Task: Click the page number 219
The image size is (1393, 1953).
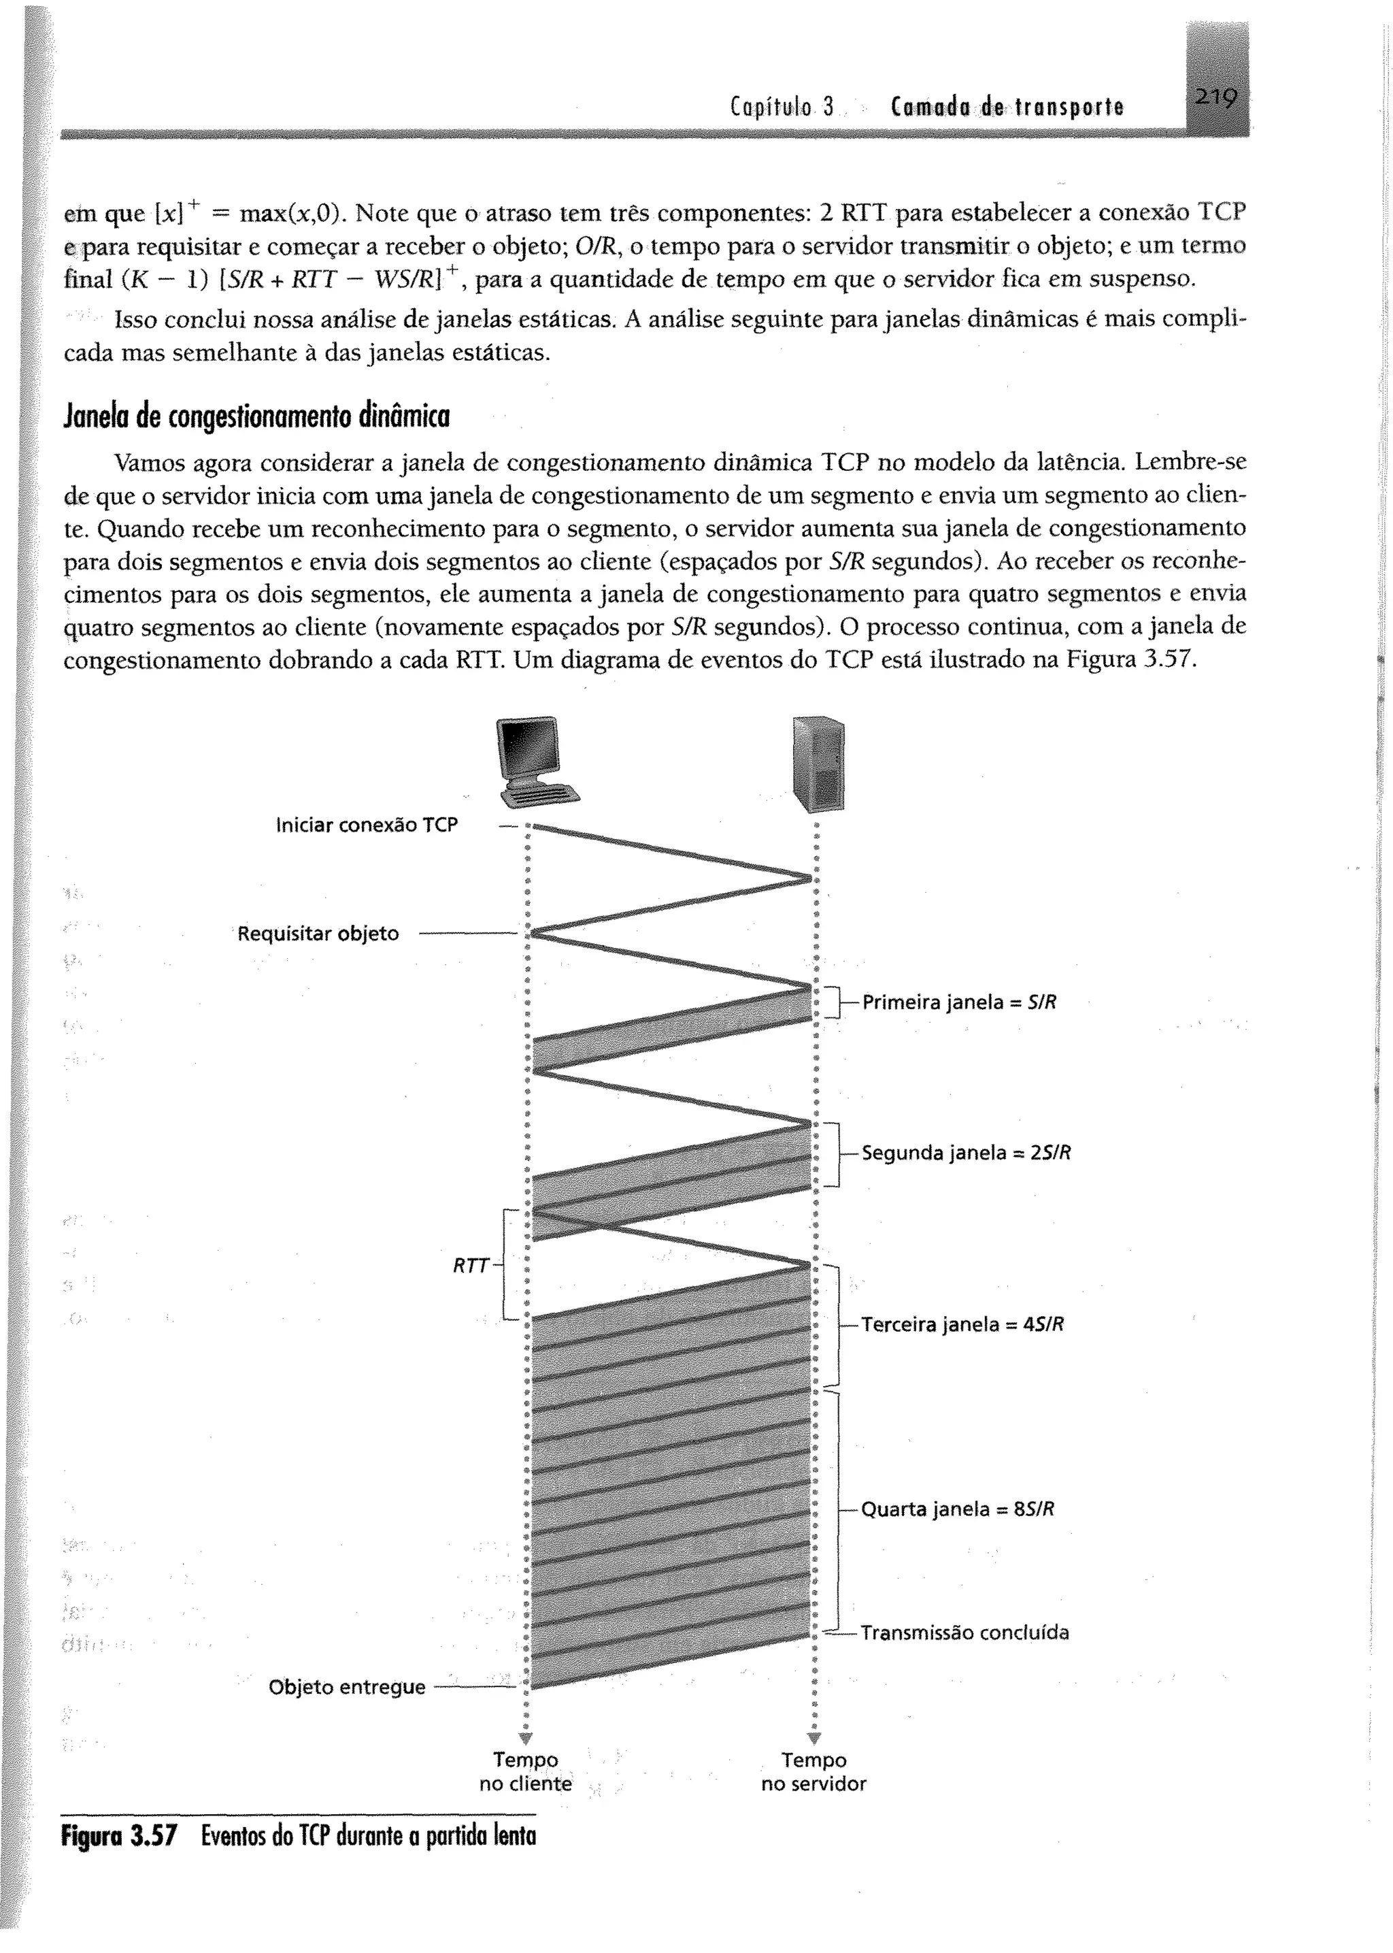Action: pyautogui.click(x=1215, y=101)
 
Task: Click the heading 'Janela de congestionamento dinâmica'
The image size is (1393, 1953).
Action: pyautogui.click(x=256, y=416)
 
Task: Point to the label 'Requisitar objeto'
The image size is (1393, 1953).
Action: pyautogui.click(x=318, y=934)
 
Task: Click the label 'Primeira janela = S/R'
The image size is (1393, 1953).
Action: pyautogui.click(x=959, y=1002)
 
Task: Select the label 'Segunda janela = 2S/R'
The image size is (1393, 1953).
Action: pyautogui.click(x=966, y=1153)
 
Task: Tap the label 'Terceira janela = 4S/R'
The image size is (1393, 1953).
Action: pyautogui.click(x=962, y=1324)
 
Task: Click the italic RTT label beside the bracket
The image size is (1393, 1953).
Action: pyautogui.click(x=470, y=1266)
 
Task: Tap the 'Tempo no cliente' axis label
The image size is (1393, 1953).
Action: pyautogui.click(x=525, y=1772)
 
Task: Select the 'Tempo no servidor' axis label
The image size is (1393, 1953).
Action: pyautogui.click(x=813, y=1772)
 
